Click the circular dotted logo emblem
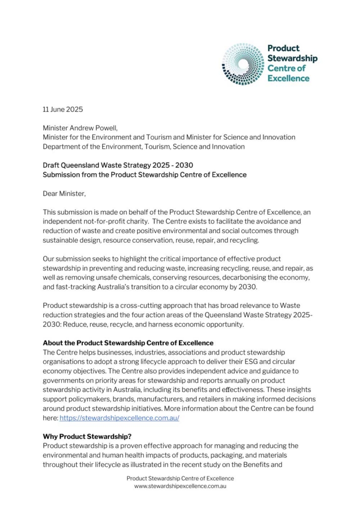point(243,64)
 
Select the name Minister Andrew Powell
point(80,128)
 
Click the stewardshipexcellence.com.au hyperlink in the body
point(119,418)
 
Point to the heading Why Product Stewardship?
point(87,437)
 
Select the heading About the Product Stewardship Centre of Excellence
point(128,343)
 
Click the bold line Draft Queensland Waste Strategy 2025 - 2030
point(118,165)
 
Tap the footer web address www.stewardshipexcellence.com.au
point(180,487)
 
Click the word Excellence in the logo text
point(289,78)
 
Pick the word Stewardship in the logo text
point(293,58)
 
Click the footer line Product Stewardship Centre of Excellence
point(180,478)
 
